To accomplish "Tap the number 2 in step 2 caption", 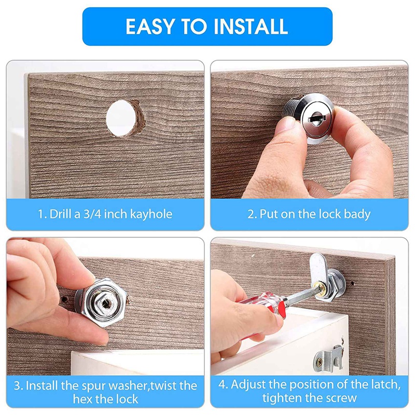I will click(251, 214).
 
